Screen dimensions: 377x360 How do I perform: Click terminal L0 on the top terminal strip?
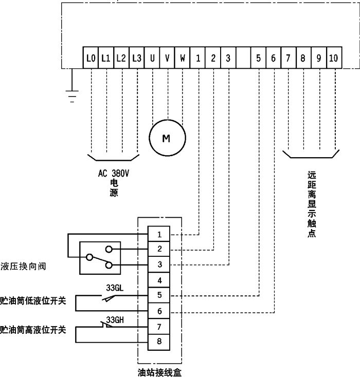pyautogui.click(x=91, y=58)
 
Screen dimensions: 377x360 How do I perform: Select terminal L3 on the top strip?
pyautogui.click(x=137, y=58)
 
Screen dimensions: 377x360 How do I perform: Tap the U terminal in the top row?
pyautogui.click(x=152, y=58)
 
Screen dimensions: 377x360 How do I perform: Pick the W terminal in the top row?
pyautogui.click(x=183, y=58)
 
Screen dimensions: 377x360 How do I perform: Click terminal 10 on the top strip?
pyautogui.click(x=333, y=58)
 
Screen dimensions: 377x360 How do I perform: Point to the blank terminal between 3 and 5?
pyautogui.click(x=243, y=58)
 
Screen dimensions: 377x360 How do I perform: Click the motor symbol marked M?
pyautogui.click(x=167, y=138)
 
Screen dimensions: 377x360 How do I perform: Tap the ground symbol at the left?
pyautogui.click(x=72, y=95)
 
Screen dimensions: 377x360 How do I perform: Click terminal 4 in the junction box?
pyautogui.click(x=160, y=280)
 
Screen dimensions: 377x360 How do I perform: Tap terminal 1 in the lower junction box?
pyautogui.click(x=160, y=234)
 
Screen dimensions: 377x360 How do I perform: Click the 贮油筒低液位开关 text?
pyautogui.click(x=33, y=300)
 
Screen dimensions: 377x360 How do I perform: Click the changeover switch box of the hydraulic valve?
pyautogui.click(x=99, y=257)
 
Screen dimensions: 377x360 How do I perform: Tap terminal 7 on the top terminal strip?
pyautogui.click(x=288, y=58)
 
